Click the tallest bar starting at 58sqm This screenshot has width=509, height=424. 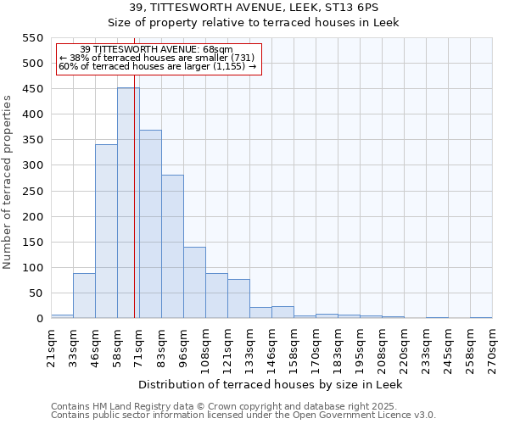[128, 204]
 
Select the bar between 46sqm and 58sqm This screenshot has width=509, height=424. [106, 232]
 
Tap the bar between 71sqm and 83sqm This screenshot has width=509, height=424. [150, 225]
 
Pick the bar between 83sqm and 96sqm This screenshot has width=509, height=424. [172, 247]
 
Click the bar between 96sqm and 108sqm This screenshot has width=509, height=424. [194, 283]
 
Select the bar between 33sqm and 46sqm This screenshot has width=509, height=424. [84, 296]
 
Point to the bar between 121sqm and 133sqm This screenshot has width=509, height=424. [238, 299]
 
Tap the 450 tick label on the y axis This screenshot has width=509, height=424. [33, 89]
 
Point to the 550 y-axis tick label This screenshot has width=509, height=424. [33, 38]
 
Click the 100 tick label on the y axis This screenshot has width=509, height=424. [33, 268]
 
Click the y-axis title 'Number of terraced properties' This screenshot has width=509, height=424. [8, 182]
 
